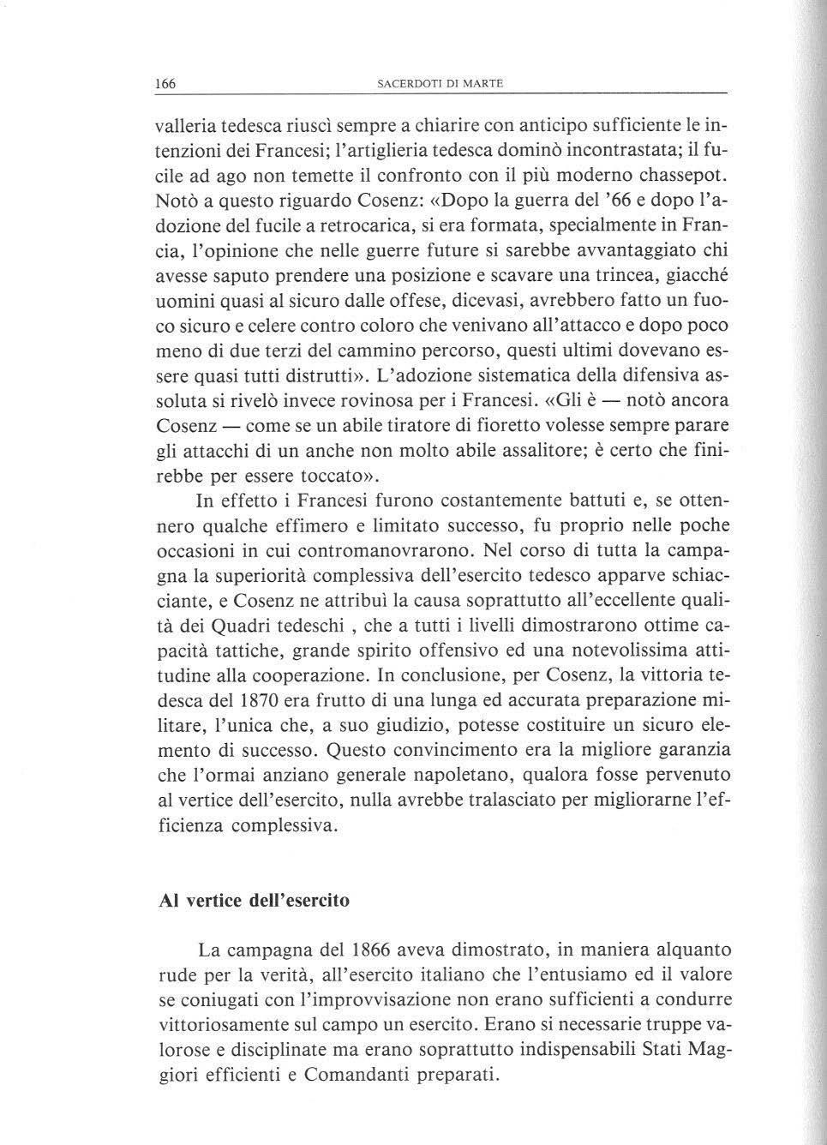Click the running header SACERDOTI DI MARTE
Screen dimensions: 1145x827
(440, 83)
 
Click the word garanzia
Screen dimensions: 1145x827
(687, 750)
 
